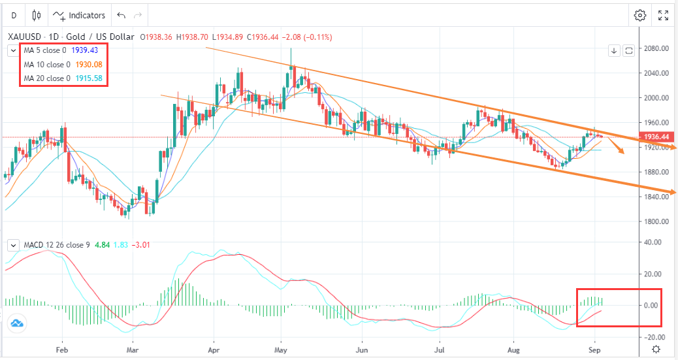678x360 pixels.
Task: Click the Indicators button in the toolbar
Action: [x=79, y=15]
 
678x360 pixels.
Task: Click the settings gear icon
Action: [x=639, y=15]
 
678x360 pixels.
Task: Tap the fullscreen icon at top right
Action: [x=662, y=15]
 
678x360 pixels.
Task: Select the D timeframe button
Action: [x=14, y=15]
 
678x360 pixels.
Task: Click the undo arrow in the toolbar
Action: [x=121, y=15]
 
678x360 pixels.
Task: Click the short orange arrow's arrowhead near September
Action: [x=622, y=152]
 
